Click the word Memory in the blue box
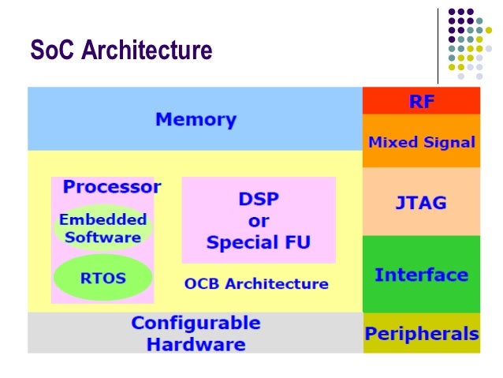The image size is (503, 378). click(196, 120)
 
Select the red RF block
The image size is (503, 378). click(422, 101)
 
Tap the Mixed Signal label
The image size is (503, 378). click(422, 143)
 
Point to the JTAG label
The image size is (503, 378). click(421, 202)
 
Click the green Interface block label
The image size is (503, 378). click(421, 275)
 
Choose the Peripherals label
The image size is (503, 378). click(421, 334)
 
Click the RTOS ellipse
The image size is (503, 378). click(102, 278)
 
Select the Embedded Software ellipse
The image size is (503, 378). click(102, 228)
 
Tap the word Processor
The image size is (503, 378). click(112, 187)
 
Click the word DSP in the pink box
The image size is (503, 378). click(259, 199)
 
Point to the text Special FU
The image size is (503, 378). click(259, 242)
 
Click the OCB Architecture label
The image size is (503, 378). click(256, 283)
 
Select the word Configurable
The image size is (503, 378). click(196, 324)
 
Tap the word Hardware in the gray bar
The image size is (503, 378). click(196, 344)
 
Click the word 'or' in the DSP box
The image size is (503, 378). click(259, 220)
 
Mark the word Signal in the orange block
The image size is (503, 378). click(447, 143)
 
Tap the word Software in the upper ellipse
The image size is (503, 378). click(102, 237)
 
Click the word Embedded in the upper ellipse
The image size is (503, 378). click(102, 219)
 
